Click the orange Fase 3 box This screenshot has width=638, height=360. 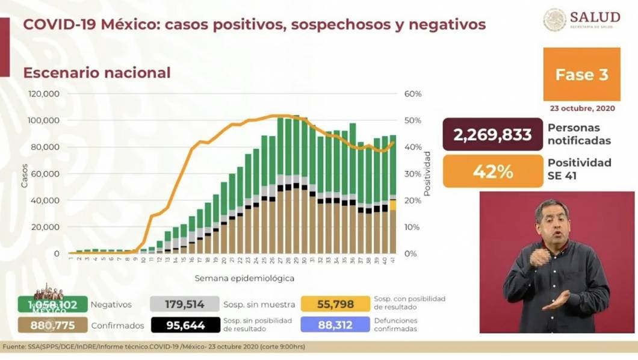(581, 75)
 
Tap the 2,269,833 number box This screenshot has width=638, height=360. (492, 134)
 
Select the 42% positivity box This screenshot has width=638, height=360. (492, 172)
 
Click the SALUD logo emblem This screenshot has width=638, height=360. (554, 19)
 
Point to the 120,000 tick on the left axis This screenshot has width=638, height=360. (44, 94)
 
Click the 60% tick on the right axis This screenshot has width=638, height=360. (412, 94)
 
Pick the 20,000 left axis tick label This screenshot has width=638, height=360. (46, 227)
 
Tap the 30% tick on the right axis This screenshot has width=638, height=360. (412, 174)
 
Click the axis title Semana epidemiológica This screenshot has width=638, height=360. (236, 279)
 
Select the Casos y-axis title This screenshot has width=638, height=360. (25, 175)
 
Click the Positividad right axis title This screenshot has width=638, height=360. (427, 174)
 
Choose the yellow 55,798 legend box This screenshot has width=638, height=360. (335, 305)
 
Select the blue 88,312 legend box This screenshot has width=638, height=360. (335, 325)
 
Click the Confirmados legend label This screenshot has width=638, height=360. (117, 326)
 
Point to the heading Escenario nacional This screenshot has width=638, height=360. (97, 73)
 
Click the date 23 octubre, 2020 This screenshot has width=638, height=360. (580, 108)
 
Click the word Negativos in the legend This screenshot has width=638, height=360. (111, 305)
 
